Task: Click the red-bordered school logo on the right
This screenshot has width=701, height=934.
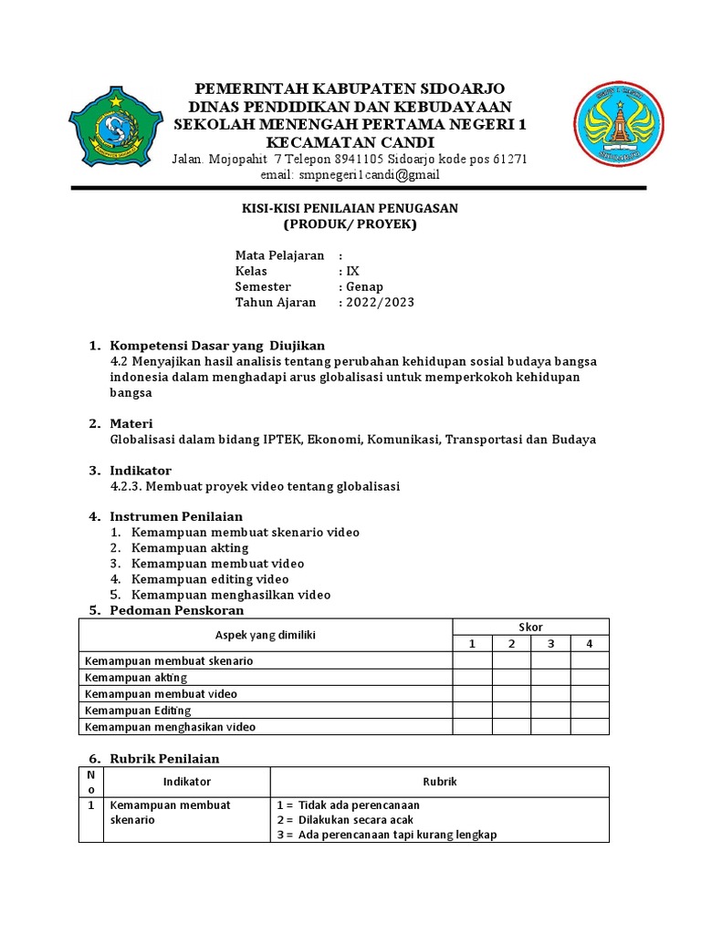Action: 617,124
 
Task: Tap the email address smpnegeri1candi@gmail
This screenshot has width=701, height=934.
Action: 363,174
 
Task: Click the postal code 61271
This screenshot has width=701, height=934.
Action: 507,159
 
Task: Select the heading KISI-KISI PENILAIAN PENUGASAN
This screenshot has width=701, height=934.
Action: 350,209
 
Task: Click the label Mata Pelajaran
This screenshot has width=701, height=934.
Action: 279,255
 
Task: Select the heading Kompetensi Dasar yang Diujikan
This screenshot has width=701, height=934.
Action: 217,345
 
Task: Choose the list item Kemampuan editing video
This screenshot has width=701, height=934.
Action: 210,579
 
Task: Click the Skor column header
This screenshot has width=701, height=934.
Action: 530,627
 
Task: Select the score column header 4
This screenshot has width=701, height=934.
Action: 590,644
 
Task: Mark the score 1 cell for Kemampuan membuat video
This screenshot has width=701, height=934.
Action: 473,694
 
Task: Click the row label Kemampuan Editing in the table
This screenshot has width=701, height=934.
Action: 138,711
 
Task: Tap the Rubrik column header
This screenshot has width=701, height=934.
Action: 439,782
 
